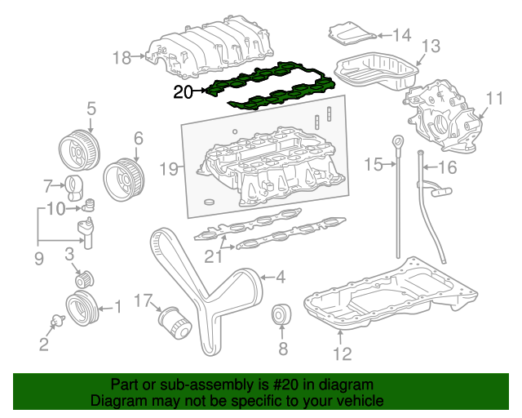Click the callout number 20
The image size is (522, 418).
[x=183, y=92]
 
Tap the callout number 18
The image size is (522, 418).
[x=122, y=57]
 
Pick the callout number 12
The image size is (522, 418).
[x=342, y=354]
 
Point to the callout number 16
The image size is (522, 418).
[x=448, y=169]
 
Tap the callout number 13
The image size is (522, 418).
[x=430, y=46]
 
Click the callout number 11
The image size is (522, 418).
[x=494, y=99]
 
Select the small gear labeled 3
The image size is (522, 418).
[x=81, y=278]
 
